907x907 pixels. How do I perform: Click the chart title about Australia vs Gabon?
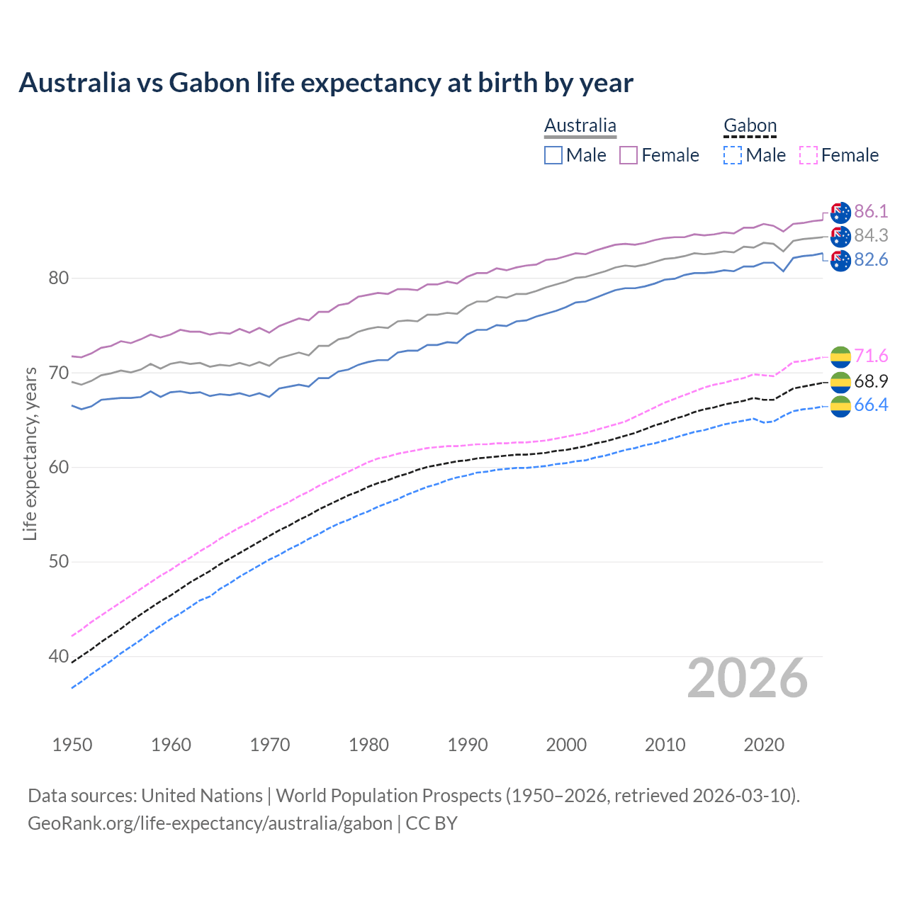[x=326, y=83]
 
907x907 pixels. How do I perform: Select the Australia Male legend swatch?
[x=553, y=155]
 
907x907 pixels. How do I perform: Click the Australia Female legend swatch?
[x=629, y=155]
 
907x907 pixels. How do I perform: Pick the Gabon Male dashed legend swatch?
[x=733, y=155]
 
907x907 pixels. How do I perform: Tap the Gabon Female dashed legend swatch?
[x=809, y=155]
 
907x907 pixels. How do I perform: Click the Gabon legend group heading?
[x=750, y=126]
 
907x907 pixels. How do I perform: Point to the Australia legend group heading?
[x=580, y=126]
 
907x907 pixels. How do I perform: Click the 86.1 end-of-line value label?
[x=871, y=211]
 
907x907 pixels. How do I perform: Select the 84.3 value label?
[x=871, y=235]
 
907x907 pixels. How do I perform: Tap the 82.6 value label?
[x=871, y=259]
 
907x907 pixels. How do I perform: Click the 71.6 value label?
[x=871, y=356]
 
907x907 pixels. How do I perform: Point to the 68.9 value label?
[x=871, y=381]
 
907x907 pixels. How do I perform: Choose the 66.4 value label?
[x=871, y=405]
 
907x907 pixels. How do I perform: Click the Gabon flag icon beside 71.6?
[x=840, y=356]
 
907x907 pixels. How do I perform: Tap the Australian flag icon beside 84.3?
[x=840, y=236]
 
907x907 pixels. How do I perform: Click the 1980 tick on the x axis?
[x=368, y=745]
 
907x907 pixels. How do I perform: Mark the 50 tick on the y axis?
[x=58, y=562]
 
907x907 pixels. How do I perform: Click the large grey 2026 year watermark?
[x=748, y=678]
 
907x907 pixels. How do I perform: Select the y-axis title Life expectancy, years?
[x=30, y=453]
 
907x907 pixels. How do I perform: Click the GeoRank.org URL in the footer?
[x=210, y=823]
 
